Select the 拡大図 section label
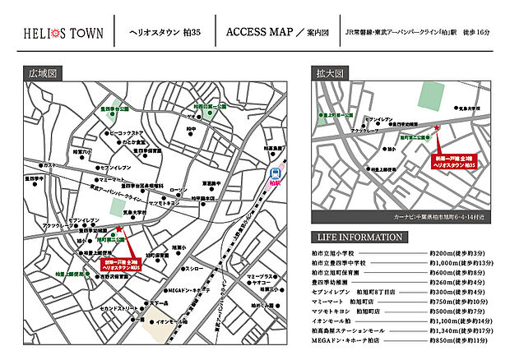click(329, 72)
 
